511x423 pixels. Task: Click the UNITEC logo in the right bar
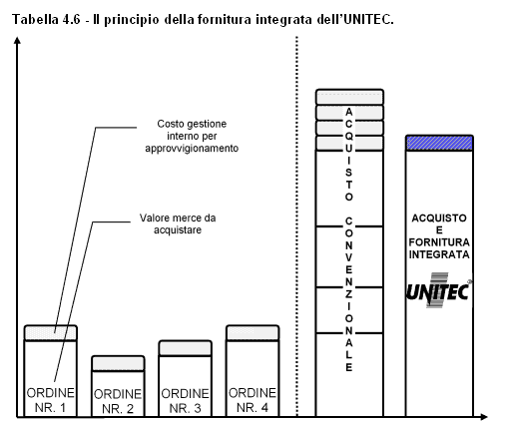click(438, 290)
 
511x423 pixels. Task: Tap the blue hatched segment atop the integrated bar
click(439, 143)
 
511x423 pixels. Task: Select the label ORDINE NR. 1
click(50, 400)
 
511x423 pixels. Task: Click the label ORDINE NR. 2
click(118, 401)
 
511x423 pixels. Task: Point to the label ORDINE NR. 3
click(185, 401)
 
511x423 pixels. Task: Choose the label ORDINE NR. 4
click(253, 400)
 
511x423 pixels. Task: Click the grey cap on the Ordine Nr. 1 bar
click(51, 333)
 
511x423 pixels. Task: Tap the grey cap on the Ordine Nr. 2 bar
click(118, 363)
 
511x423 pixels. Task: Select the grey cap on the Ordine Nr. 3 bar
click(186, 348)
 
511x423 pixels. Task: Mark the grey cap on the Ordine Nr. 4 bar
click(253, 333)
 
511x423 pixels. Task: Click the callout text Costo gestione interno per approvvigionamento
click(192, 136)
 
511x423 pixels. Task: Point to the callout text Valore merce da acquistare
click(178, 223)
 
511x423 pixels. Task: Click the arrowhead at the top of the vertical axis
click(17, 40)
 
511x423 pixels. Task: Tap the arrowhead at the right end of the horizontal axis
click(483, 416)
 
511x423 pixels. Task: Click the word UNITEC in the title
click(368, 20)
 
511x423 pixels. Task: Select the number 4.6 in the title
click(71, 20)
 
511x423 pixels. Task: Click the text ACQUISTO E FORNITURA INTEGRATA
click(439, 236)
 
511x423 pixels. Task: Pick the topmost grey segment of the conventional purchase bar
click(349, 97)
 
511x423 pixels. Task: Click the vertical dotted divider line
click(296, 226)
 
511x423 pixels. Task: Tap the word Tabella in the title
click(35, 20)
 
